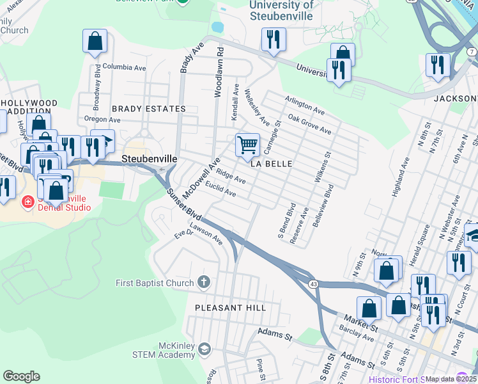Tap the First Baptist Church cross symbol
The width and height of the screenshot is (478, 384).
click(204, 282)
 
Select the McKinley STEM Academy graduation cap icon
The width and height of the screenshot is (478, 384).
click(204, 349)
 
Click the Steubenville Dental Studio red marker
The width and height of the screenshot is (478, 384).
click(28, 203)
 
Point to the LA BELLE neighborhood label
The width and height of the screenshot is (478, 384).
click(271, 164)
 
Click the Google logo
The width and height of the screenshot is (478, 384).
click(21, 376)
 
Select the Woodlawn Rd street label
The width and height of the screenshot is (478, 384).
click(219, 71)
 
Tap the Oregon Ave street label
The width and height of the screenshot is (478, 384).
click(102, 120)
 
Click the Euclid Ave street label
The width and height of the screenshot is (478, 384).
click(220, 189)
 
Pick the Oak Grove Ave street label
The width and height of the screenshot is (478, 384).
click(309, 124)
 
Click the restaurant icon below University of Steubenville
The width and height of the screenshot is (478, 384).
click(274, 40)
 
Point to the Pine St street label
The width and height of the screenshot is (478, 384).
click(261, 367)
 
